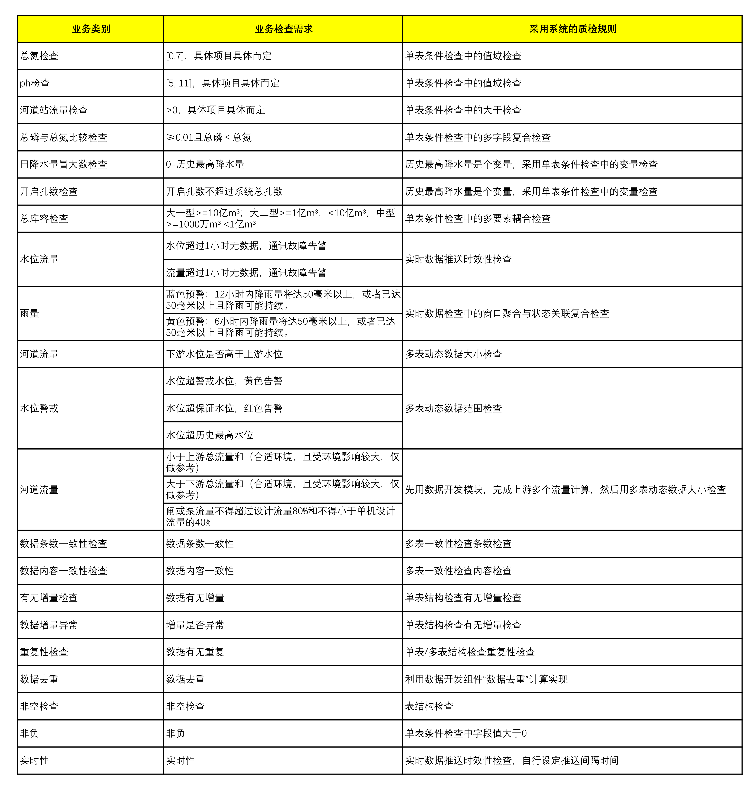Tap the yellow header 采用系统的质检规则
click(572, 29)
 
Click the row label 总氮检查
click(39, 56)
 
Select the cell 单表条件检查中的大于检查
click(463, 110)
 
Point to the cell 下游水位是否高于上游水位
click(225, 354)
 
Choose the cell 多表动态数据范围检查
click(454, 408)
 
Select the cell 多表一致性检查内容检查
click(458, 571)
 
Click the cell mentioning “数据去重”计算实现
click(486, 679)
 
